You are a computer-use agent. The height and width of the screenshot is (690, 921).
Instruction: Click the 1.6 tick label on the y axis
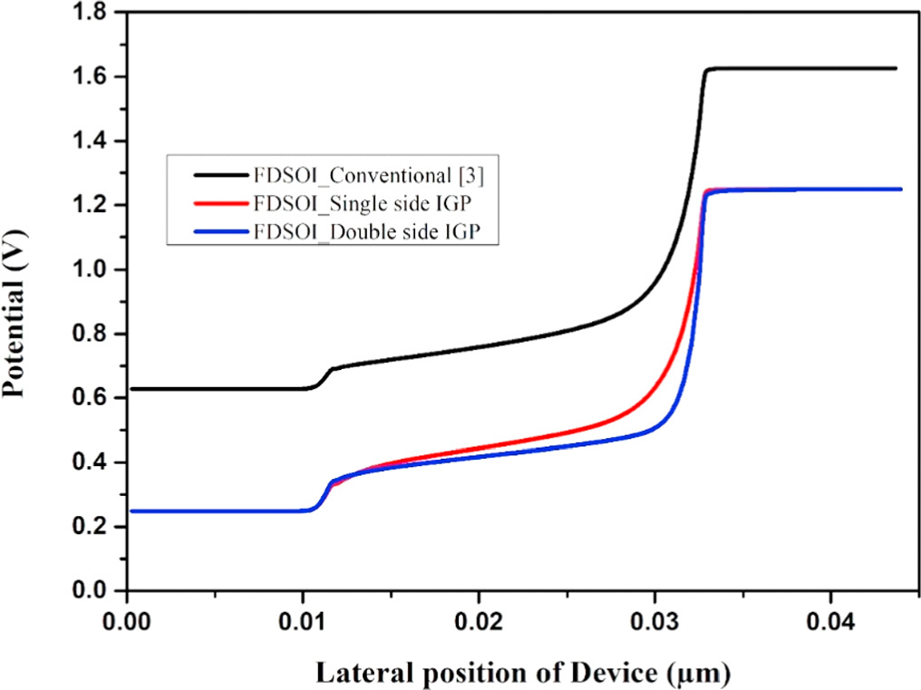tap(92, 77)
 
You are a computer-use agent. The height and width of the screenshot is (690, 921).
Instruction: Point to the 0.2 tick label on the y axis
tap(92, 527)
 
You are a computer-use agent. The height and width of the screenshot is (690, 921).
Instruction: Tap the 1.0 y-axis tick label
tap(92, 270)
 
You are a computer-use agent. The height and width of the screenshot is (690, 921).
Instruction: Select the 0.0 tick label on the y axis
tap(92, 591)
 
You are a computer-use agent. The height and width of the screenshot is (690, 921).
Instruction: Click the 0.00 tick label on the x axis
tap(128, 624)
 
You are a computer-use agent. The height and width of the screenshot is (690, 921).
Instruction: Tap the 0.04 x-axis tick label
tap(829, 624)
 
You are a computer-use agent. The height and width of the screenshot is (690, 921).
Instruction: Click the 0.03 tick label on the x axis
tap(654, 624)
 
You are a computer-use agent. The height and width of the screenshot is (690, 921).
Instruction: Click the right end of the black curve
tap(895, 68)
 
